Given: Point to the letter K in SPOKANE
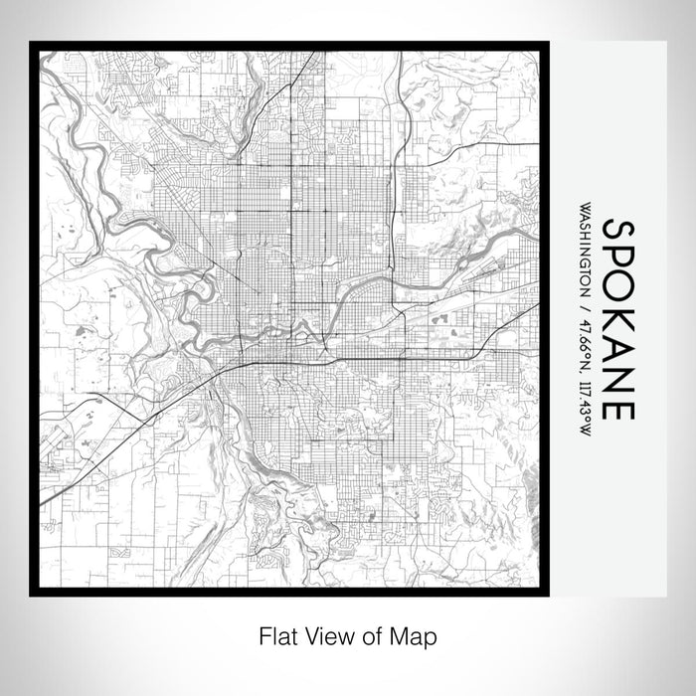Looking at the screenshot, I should [618, 322].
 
